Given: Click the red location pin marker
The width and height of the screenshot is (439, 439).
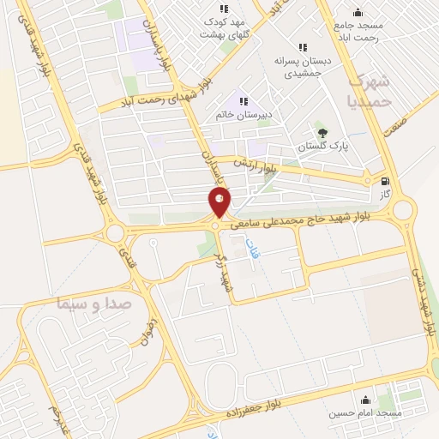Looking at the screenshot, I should (219, 202).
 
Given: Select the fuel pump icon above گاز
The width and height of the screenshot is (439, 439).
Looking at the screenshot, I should (384, 181).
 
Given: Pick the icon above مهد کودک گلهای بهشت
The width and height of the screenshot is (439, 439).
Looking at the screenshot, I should (225, 9).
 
